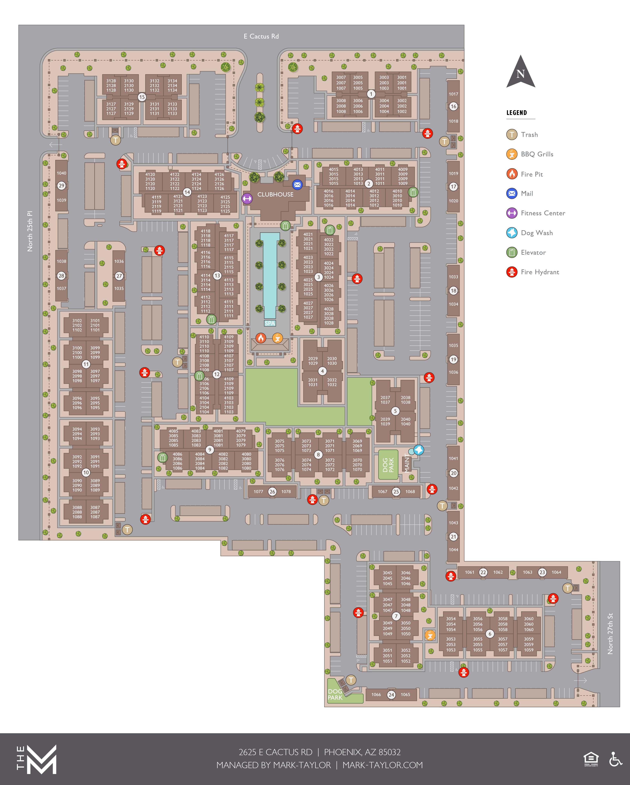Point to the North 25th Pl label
coord(30,231)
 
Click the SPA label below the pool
coord(270,323)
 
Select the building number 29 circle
coord(61,186)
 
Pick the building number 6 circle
coord(490,634)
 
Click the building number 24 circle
coord(391,695)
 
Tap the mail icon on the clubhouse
coord(297,185)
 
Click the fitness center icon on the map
coord(247,198)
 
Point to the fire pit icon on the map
coord(261,338)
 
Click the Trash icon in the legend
coord(512,135)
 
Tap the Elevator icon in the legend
coord(512,252)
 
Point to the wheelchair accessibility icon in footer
coord(615,760)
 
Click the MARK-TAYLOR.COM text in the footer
coord(383,765)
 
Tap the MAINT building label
coord(407,463)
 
